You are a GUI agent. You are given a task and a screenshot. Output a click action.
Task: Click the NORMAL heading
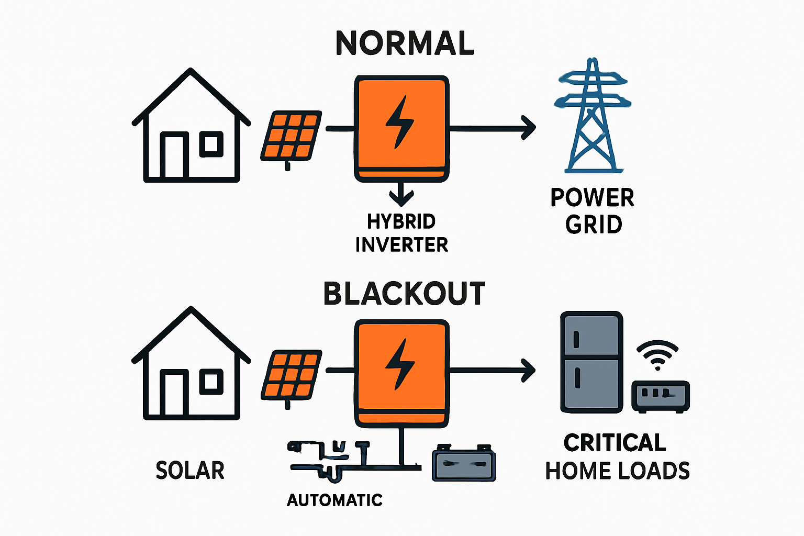[x=405, y=43]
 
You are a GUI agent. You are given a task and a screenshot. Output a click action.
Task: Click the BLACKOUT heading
[x=404, y=294]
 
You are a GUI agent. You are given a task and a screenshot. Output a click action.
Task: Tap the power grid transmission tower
[x=593, y=118]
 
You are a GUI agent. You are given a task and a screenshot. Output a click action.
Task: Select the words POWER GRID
[x=593, y=211]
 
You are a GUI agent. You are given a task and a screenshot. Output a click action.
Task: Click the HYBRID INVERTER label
[x=401, y=233]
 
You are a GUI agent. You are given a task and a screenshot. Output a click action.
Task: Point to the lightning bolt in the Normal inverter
[x=400, y=121]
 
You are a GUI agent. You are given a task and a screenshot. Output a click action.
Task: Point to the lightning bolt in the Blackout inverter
[x=400, y=364]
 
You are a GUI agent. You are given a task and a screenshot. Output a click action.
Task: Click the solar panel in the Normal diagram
[x=291, y=136]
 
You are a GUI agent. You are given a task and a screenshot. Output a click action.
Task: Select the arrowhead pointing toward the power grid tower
[x=529, y=127]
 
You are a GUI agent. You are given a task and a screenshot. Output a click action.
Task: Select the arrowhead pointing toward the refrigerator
[x=529, y=370]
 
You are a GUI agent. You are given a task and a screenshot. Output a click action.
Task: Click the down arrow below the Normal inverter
[x=401, y=197]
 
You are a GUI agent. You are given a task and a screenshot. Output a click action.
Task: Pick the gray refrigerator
[x=591, y=362]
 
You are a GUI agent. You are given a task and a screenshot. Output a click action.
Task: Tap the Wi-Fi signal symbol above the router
[x=657, y=354]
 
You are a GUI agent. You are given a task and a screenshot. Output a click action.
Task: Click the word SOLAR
[x=190, y=470]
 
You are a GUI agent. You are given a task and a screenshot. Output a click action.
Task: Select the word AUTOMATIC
[x=334, y=500]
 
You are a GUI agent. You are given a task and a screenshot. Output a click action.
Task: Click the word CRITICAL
[x=615, y=443]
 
